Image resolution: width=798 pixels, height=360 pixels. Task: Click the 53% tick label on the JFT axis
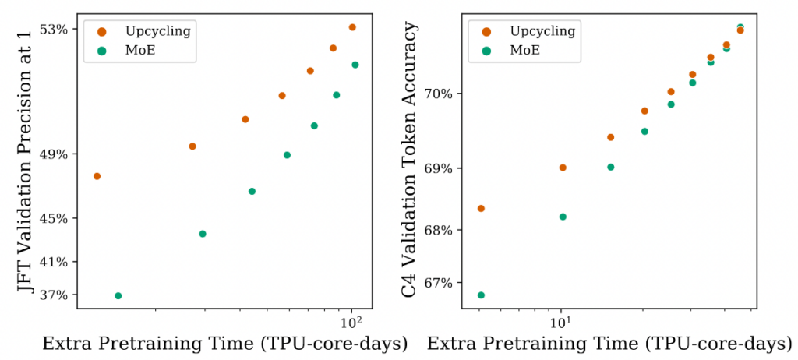tap(61, 30)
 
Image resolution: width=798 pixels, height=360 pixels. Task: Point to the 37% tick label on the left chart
tap(61, 295)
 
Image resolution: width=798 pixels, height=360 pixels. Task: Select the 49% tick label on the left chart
tap(61, 154)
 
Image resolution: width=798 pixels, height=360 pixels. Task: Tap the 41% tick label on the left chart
tap(61, 262)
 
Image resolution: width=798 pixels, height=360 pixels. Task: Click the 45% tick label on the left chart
tap(61, 218)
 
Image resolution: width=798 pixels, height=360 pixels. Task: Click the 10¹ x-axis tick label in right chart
tap(561, 319)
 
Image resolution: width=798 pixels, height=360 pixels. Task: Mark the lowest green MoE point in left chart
tap(118, 296)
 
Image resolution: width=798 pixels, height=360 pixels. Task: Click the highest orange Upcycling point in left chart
tap(352, 27)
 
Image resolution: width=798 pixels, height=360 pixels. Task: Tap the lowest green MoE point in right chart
tap(481, 295)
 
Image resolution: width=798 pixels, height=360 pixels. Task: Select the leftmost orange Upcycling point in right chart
tap(481, 208)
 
